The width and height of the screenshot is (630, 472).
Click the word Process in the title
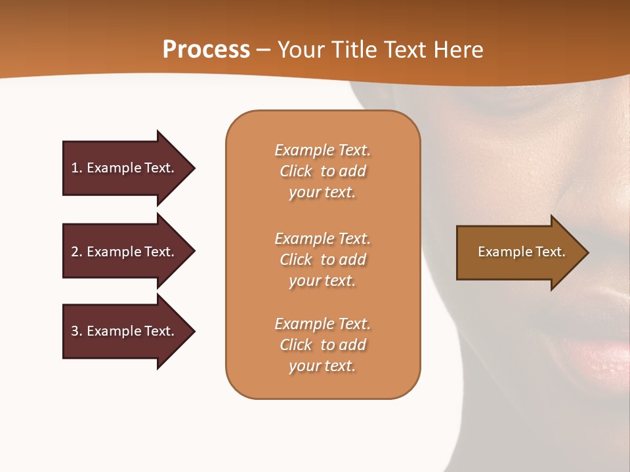pos(206,50)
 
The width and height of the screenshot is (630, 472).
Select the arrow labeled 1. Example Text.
pos(125,168)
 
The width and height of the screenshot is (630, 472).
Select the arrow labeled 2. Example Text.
pos(125,252)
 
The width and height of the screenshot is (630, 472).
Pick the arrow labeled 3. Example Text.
pos(125,331)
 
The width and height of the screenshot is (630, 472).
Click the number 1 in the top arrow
pos(75,168)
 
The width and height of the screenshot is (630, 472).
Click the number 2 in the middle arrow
pos(75,252)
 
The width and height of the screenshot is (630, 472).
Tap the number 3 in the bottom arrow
pos(75,331)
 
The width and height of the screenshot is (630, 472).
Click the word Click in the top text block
pos(295,171)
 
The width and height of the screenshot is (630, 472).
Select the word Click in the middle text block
pos(295,260)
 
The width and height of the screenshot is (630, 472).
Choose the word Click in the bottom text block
pos(295,345)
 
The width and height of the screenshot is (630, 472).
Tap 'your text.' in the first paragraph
pos(322,193)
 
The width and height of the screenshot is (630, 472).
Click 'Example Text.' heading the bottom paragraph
pos(322,324)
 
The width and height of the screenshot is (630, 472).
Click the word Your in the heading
pos(301,50)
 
